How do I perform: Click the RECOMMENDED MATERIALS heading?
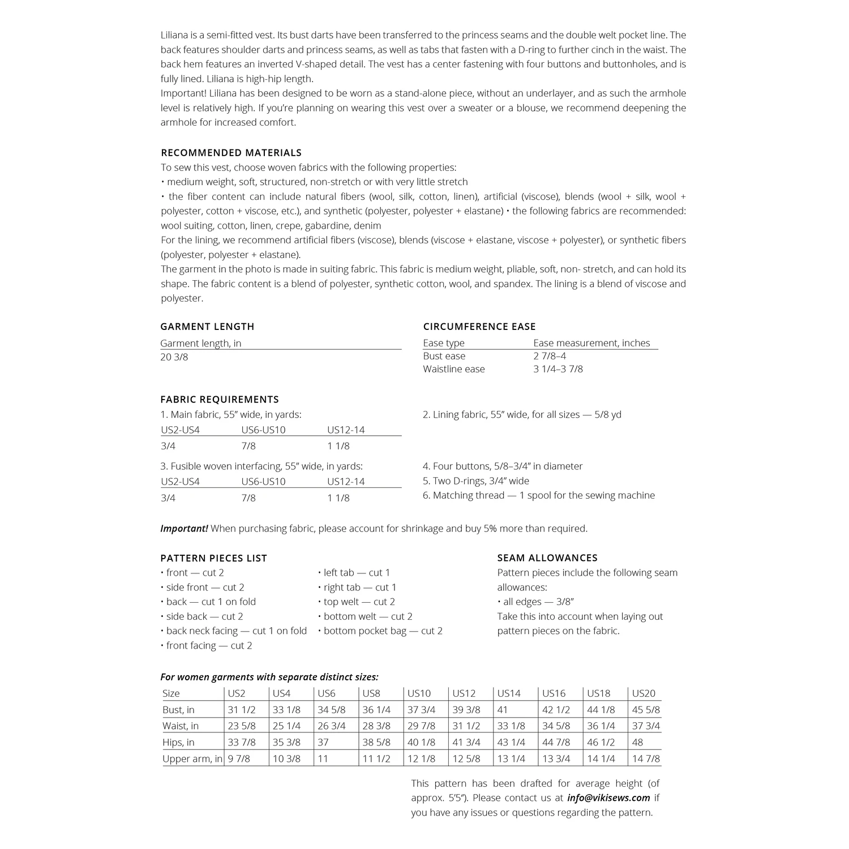(231, 153)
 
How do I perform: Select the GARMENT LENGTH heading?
(207, 327)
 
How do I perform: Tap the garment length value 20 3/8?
(174, 357)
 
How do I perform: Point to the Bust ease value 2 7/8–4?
(550, 356)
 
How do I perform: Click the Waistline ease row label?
(454, 369)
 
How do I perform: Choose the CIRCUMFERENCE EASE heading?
(479, 327)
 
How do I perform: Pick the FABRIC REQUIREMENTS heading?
(220, 400)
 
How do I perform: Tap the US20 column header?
(644, 693)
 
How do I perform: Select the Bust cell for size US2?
(241, 710)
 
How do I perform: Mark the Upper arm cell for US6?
(323, 758)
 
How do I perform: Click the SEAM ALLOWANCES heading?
(547, 558)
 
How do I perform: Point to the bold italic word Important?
(184, 529)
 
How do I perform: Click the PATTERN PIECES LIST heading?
(214, 558)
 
